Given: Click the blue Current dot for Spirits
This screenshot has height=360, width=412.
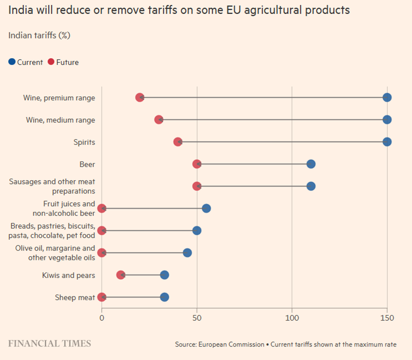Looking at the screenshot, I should click(387, 142).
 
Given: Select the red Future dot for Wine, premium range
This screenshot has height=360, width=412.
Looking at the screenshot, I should click(140, 97).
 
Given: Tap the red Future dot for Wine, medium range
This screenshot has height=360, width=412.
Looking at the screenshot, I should click(159, 120).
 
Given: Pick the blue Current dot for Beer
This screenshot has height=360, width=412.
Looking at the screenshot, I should click(311, 164).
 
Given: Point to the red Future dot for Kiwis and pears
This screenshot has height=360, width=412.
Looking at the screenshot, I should click(121, 275).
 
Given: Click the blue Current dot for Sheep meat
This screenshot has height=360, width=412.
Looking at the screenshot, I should click(164, 297).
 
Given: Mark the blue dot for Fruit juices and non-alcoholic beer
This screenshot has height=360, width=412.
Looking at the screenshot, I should click(206, 208).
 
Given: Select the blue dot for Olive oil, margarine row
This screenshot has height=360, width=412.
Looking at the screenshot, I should click(187, 253).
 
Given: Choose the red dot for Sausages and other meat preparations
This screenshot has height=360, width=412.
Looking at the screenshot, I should click(197, 186).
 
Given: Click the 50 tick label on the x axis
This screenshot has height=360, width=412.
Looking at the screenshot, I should click(197, 318).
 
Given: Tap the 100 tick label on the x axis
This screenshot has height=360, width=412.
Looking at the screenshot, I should click(292, 318).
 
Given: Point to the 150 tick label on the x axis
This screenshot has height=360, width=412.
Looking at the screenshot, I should click(387, 318).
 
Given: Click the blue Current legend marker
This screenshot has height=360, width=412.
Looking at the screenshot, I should click(12, 62).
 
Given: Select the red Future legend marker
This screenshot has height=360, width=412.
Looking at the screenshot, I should click(51, 62).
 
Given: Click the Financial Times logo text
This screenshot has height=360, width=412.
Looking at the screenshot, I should click(49, 343).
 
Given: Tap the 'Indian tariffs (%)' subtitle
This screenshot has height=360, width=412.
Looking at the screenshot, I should click(39, 36).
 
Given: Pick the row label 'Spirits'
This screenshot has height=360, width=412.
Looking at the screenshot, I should click(84, 142).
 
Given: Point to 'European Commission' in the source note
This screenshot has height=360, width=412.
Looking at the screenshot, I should click(231, 344).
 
